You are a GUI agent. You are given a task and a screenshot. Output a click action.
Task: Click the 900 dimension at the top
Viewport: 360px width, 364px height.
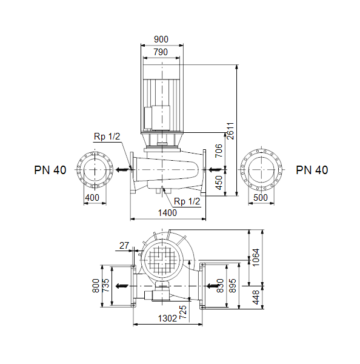point(161,39)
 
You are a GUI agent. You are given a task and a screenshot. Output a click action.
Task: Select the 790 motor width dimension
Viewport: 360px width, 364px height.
point(161,52)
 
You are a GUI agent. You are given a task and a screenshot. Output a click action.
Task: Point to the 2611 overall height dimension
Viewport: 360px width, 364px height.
point(230,131)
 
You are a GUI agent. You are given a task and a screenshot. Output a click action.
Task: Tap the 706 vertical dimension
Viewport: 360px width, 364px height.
point(219,150)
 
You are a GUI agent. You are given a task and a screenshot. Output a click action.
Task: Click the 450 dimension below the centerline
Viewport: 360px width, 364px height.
point(219,183)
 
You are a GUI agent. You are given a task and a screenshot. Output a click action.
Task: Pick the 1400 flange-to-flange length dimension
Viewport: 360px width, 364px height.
point(167,213)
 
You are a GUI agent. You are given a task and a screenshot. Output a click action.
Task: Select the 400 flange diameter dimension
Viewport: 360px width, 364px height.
point(92,198)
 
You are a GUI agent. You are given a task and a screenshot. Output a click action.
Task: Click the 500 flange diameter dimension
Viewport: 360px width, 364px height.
point(261,198)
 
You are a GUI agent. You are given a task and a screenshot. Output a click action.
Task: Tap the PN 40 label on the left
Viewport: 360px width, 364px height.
point(50,170)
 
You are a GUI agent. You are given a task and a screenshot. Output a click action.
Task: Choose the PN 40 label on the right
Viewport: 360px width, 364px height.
point(312,170)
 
